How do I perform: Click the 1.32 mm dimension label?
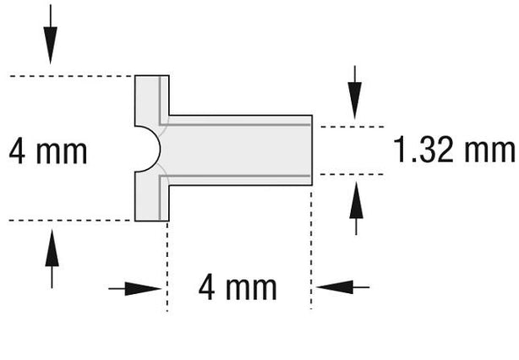[454, 150]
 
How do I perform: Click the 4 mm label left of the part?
[48, 151]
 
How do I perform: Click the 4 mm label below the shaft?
[238, 288]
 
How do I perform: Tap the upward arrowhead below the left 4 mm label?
[52, 248]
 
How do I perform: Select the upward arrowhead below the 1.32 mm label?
[356, 199]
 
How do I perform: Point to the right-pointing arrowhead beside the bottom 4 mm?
[143, 289]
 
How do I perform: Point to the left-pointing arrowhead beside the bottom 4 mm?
[334, 287]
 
